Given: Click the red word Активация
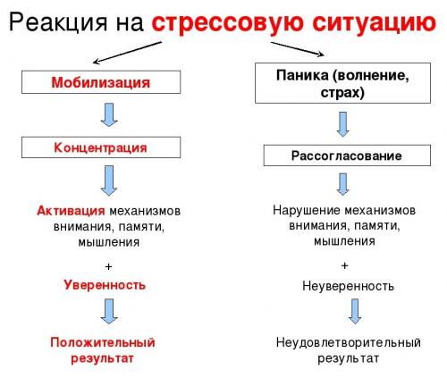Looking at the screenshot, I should (x=72, y=211).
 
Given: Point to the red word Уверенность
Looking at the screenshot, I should (x=105, y=285).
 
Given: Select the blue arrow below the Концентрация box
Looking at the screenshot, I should (x=109, y=180).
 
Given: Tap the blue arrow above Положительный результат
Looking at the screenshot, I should (x=109, y=313).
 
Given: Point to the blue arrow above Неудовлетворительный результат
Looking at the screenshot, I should (x=355, y=313).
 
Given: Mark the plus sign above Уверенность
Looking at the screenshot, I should (x=109, y=266).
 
